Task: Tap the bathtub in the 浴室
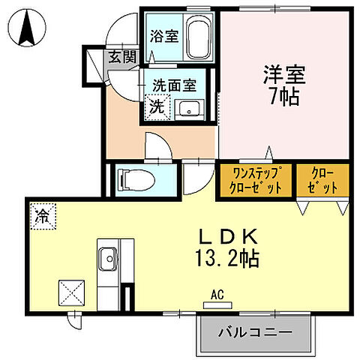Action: pyautogui.click(x=198, y=35)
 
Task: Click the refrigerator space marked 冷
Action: pyautogui.click(x=43, y=217)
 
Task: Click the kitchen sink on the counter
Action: pyautogui.click(x=106, y=252)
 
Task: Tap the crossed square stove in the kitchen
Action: pyautogui.click(x=73, y=289)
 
